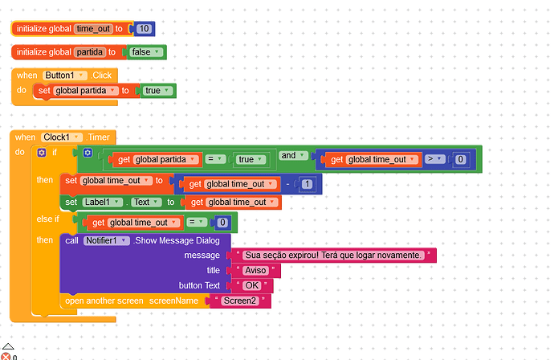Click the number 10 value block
click(x=145, y=29)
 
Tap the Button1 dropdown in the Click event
click(x=65, y=75)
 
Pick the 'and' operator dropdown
click(x=291, y=154)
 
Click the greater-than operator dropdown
click(x=433, y=159)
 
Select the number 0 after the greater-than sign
click(x=460, y=159)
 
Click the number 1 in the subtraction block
click(x=308, y=185)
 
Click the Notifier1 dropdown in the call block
click(x=107, y=240)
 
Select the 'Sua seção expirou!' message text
click(x=333, y=255)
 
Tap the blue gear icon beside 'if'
click(x=43, y=152)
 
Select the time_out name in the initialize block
click(x=93, y=29)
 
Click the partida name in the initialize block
click(x=90, y=52)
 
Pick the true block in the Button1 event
click(x=156, y=91)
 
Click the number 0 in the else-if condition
click(x=222, y=223)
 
